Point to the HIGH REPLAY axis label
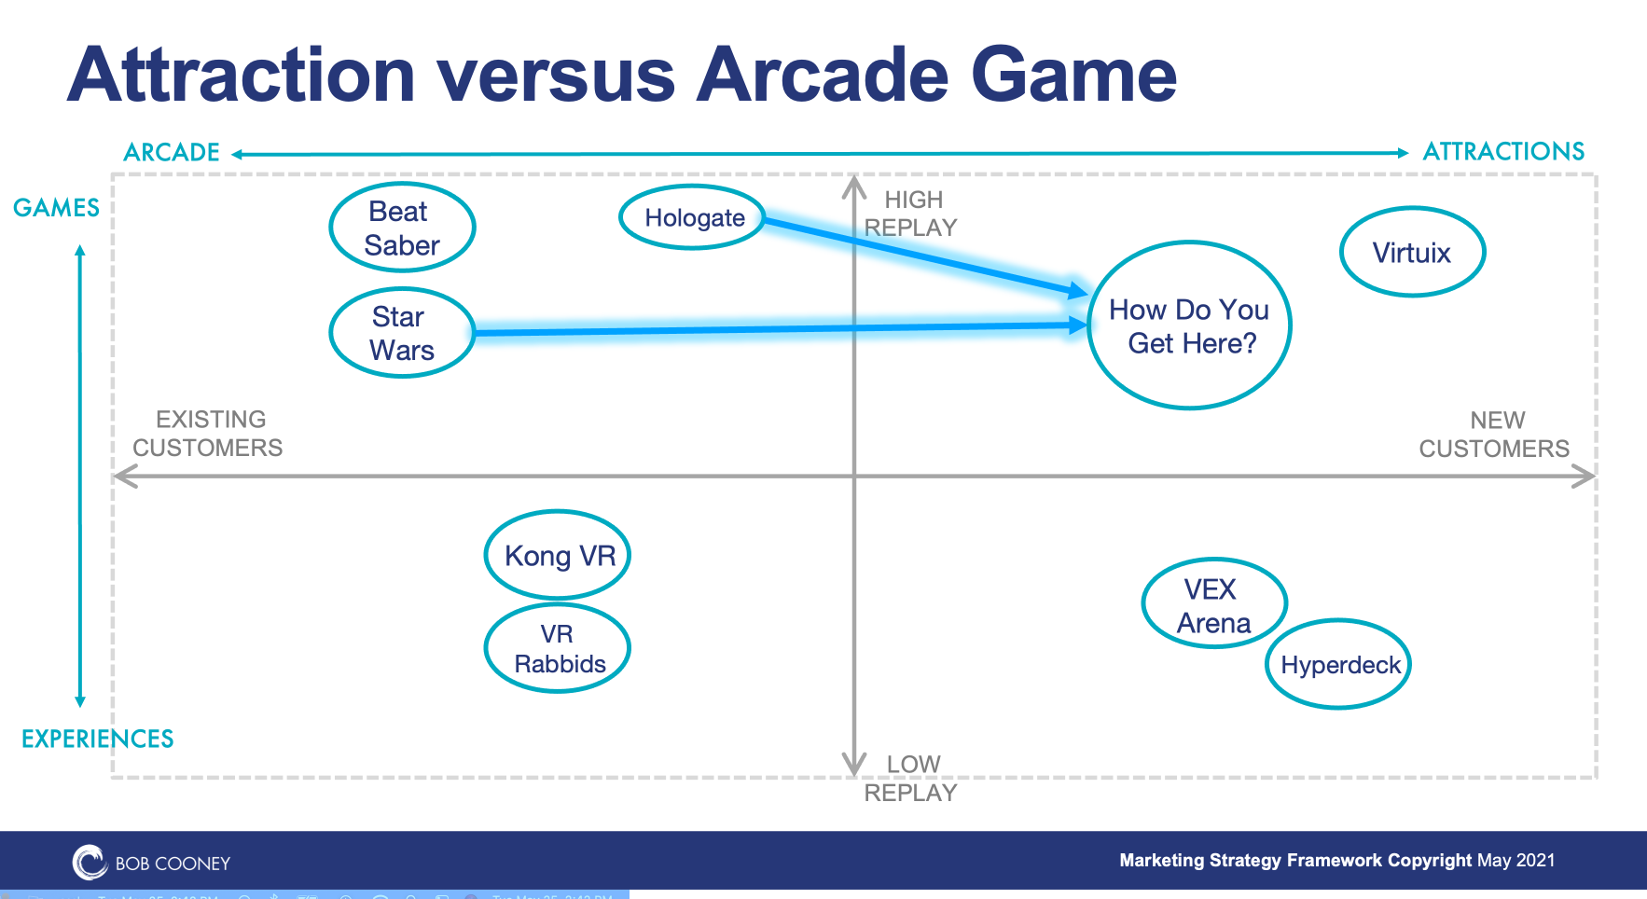pos(911,214)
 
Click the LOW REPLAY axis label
pos(911,779)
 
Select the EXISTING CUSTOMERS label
pos(208,434)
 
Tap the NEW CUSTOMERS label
pos(1494,435)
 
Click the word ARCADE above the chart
pos(172,152)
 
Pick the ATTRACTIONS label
pos(1503,151)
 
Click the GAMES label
pos(56,207)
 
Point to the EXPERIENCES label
pos(98,739)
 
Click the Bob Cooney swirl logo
pos(90,863)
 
